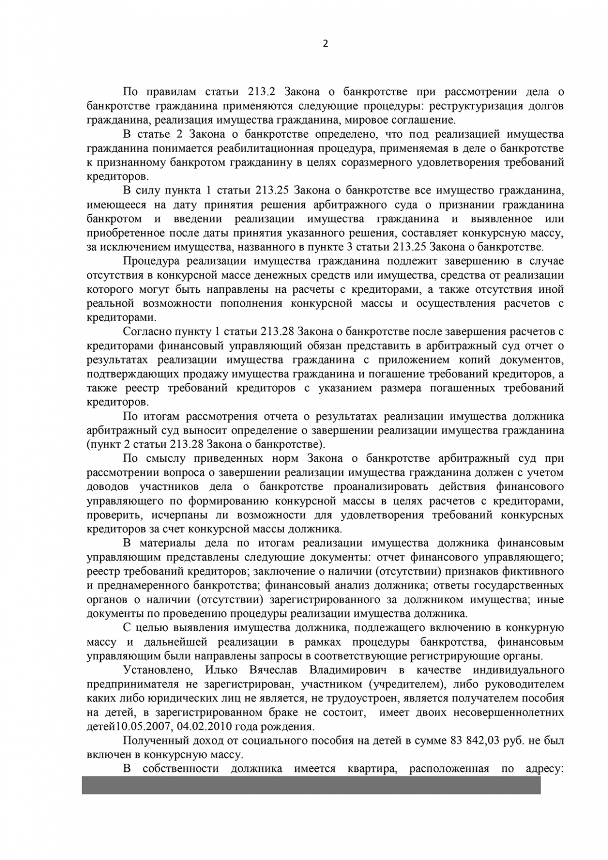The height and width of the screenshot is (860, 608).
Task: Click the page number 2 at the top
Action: click(325, 44)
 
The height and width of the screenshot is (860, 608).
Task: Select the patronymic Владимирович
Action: click(345, 670)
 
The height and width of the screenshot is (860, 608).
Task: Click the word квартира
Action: click(369, 768)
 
